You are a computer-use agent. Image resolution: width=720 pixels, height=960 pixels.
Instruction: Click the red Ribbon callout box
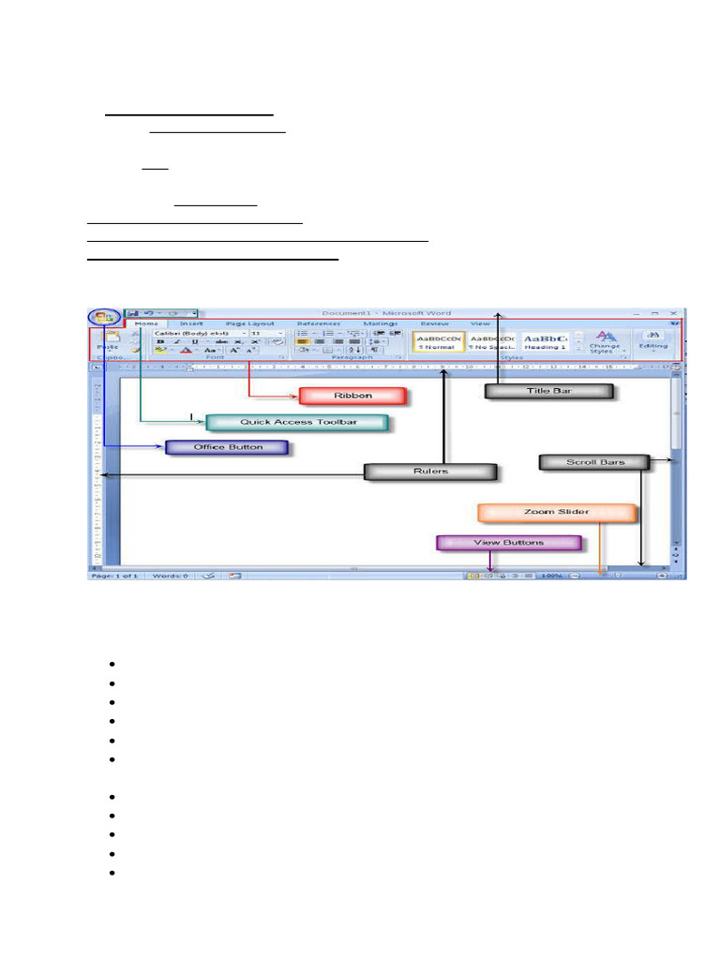(352, 396)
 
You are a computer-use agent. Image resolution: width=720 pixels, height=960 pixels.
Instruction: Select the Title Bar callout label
(549, 391)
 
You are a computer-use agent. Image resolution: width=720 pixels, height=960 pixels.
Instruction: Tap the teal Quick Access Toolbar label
(297, 423)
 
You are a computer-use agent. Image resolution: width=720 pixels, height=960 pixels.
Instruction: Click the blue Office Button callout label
(227, 447)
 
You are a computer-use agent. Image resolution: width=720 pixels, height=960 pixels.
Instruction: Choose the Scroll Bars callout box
(594, 462)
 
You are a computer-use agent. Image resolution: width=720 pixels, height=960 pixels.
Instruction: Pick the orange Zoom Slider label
(557, 513)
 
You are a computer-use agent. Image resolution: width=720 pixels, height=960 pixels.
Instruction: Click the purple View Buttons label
(509, 543)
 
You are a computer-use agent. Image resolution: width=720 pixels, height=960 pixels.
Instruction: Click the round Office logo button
(104, 318)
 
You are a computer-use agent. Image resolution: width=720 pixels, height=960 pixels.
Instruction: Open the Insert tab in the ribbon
(191, 323)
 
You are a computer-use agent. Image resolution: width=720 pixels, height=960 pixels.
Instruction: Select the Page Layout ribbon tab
(249, 323)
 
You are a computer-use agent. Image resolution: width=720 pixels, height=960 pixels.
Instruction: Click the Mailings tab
(381, 323)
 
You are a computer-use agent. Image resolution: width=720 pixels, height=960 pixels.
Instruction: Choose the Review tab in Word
(434, 323)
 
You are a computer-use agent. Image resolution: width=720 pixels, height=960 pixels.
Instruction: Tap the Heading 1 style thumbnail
(546, 341)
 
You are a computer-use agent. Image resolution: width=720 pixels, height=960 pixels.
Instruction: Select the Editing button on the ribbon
(653, 341)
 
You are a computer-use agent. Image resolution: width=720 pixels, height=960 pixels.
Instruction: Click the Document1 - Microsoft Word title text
(385, 313)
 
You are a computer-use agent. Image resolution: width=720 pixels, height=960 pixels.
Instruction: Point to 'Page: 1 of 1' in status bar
(112, 576)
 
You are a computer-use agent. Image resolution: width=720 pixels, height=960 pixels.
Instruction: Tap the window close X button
(673, 313)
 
